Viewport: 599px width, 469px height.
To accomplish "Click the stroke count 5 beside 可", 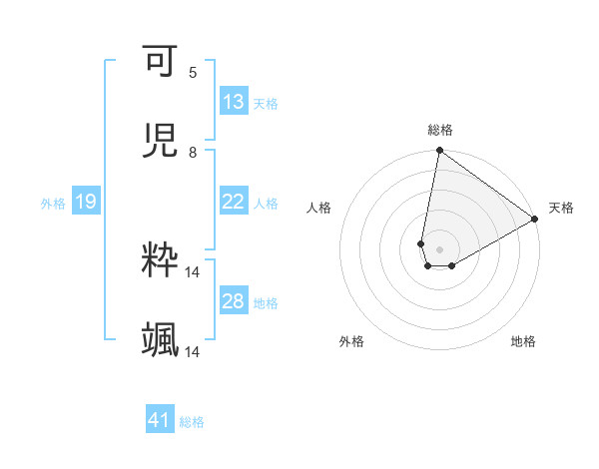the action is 193,72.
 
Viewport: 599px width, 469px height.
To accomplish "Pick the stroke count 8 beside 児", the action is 193,152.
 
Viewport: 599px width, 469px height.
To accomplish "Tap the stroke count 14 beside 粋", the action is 193,271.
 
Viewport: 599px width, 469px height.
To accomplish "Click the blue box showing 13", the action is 233,102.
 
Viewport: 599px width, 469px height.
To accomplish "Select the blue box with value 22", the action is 233,202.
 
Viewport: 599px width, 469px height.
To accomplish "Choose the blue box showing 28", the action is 233,301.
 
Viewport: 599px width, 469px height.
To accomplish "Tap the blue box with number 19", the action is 85,202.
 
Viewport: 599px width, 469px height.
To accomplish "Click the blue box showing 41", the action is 160,420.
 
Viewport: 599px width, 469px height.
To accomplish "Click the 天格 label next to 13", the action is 266,103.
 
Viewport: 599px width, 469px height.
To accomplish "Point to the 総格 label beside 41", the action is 192,421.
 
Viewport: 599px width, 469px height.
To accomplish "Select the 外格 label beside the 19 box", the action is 53,203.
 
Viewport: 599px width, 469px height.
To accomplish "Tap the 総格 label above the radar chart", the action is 440,130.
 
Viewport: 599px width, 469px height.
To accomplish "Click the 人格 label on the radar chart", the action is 319,208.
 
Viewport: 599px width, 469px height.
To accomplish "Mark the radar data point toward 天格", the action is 535,220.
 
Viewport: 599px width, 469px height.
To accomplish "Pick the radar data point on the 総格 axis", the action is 439,152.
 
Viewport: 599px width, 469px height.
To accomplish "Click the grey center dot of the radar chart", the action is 439,248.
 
